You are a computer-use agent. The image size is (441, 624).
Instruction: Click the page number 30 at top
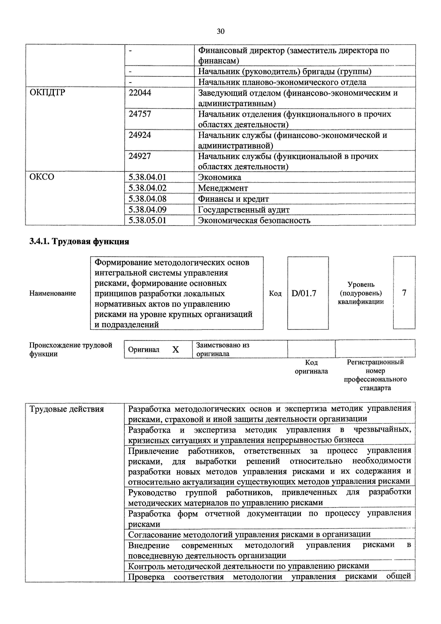[x=220, y=31]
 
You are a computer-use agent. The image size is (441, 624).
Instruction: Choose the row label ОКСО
[x=42, y=177]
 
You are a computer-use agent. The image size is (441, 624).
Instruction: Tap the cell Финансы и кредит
[x=233, y=199]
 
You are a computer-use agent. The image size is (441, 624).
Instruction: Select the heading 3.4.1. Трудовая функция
[x=79, y=241]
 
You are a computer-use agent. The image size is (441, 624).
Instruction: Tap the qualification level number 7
[x=404, y=293]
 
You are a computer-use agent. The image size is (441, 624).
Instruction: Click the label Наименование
[x=53, y=293]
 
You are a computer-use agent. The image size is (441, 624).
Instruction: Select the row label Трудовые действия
[x=66, y=409]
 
